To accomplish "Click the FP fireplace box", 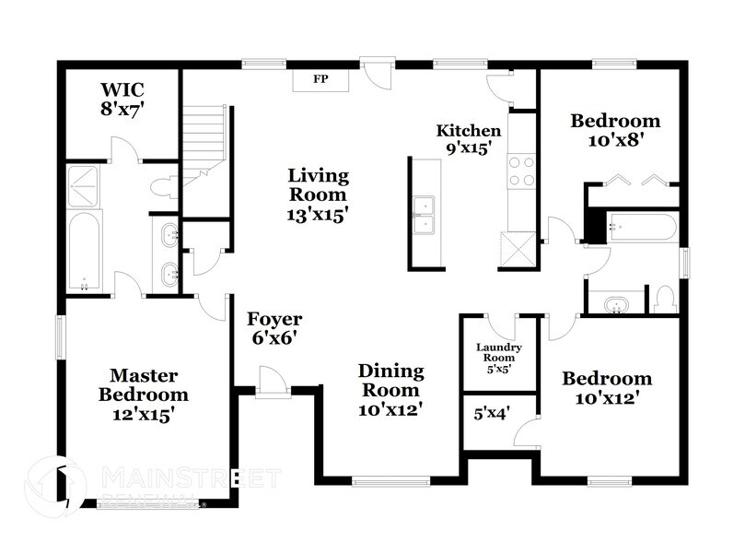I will [x=320, y=79].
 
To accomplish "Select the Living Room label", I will [x=319, y=194].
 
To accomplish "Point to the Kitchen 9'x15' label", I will [x=469, y=138].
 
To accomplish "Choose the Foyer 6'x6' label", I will [x=274, y=329].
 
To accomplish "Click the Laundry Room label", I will [x=498, y=357].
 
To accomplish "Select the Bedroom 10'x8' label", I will [x=614, y=130].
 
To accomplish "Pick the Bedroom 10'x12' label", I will [x=607, y=388].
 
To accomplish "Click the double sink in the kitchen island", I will [x=425, y=214].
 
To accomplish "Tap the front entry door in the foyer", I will [x=272, y=382].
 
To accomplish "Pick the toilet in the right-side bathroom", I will [x=664, y=299].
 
